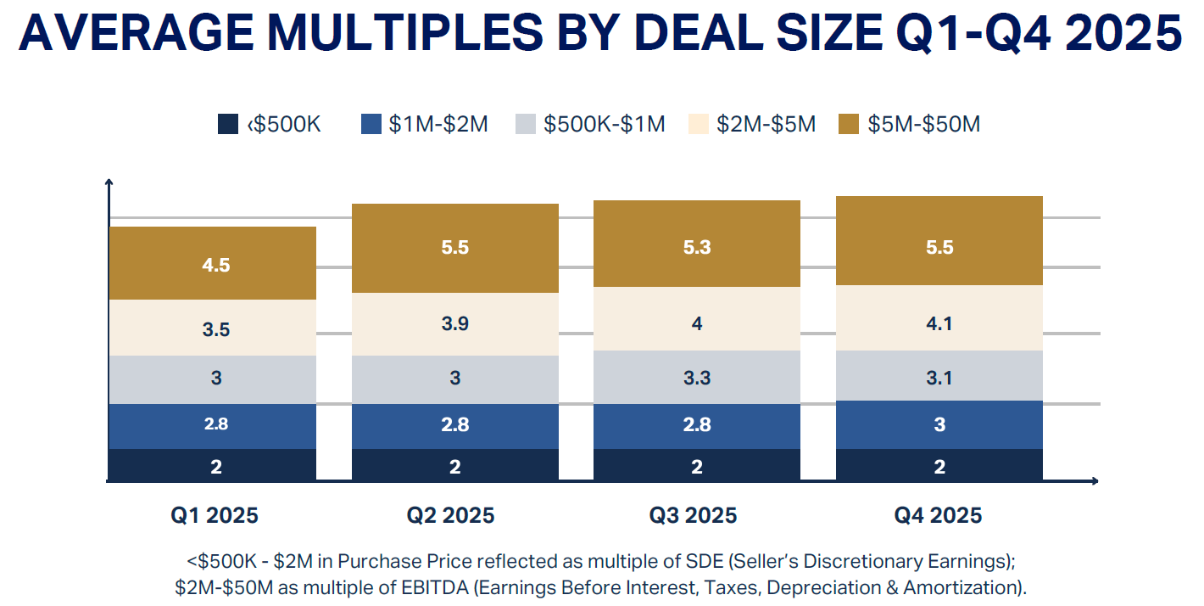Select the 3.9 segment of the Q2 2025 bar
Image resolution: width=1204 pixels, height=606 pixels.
tap(455, 324)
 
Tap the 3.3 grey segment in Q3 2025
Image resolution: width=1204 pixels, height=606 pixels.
tap(697, 377)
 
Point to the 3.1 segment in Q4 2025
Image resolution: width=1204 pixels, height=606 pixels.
tap(939, 376)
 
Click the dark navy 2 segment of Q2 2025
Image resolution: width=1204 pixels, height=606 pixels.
tap(455, 466)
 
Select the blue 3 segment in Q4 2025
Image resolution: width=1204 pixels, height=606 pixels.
tap(939, 424)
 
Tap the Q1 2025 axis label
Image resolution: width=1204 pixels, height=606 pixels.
tap(215, 515)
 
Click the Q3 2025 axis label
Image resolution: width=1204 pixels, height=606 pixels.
tap(694, 515)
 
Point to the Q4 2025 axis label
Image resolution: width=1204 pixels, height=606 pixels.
tap(938, 515)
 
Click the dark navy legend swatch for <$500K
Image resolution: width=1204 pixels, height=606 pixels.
tap(227, 124)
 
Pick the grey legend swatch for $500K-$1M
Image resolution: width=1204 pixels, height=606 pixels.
tap(525, 124)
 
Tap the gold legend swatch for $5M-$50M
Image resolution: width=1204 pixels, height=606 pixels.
tap(848, 124)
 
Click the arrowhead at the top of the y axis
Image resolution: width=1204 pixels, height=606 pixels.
tap(109, 182)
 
